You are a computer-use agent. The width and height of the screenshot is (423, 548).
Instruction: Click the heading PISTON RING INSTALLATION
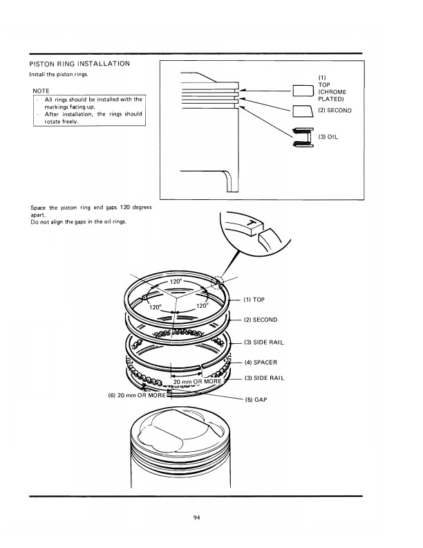[x=79, y=64]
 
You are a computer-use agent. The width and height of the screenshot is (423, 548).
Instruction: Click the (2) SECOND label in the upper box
[x=335, y=111]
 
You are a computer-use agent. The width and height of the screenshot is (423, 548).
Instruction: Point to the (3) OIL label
[x=328, y=137]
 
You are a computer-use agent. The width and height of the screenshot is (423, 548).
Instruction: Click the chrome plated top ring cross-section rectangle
[x=302, y=91]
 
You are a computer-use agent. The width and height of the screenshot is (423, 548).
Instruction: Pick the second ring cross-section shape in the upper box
[x=302, y=111]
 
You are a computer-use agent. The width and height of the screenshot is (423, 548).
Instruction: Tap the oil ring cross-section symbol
[x=303, y=137]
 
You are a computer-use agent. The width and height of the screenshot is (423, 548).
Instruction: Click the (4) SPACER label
[x=261, y=362]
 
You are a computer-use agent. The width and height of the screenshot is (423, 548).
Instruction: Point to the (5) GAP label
[x=256, y=399]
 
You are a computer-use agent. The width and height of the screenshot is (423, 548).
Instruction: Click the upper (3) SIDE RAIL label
[x=264, y=342]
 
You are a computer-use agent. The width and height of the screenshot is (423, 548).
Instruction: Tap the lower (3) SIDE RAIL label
[x=264, y=378]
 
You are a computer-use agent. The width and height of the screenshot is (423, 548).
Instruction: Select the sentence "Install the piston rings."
[x=59, y=74]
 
